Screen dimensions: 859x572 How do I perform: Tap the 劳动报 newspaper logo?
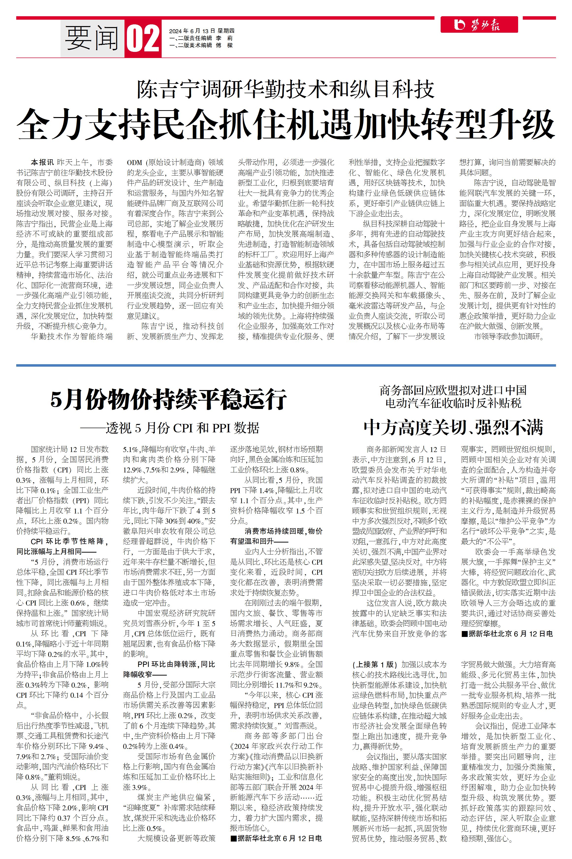(479, 25)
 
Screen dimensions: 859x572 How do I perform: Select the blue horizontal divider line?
(286, 365)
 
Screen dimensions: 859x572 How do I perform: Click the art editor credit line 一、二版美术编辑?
(201, 45)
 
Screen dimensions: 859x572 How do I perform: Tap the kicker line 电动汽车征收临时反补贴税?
(453, 403)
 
